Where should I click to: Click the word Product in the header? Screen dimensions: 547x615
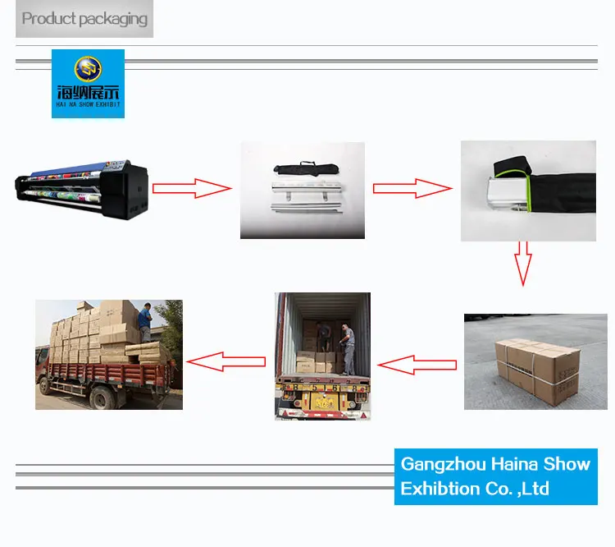coord(48,19)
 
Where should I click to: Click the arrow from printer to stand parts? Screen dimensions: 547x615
coord(193,188)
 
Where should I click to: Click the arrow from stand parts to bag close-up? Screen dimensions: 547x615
coord(412,188)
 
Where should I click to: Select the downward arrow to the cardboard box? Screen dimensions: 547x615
coord(522,262)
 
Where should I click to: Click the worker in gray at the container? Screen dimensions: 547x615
coord(347,348)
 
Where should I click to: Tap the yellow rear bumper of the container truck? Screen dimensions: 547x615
coord(321,400)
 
